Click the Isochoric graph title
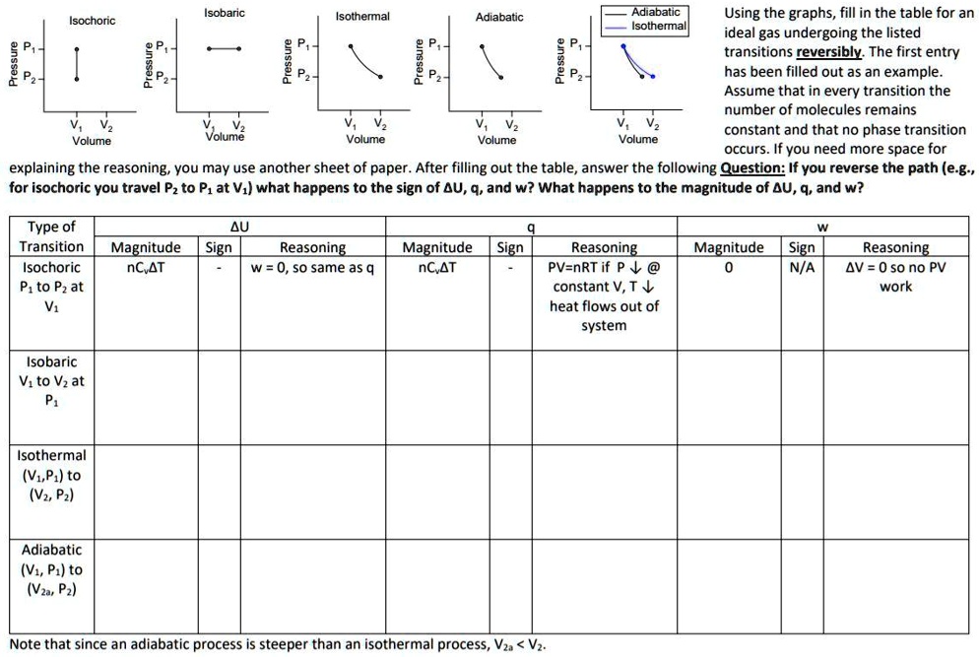(92, 21)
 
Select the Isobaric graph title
(225, 13)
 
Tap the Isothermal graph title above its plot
(362, 17)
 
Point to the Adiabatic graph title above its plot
(499, 17)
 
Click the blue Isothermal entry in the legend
(659, 26)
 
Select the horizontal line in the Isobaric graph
(226, 48)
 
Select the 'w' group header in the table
(823, 228)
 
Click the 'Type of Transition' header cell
(51, 236)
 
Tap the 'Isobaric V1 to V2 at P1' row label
(51, 381)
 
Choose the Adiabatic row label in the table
(51, 569)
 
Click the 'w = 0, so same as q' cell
(313, 267)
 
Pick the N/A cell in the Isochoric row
(802, 267)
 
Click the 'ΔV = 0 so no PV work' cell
(895, 277)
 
